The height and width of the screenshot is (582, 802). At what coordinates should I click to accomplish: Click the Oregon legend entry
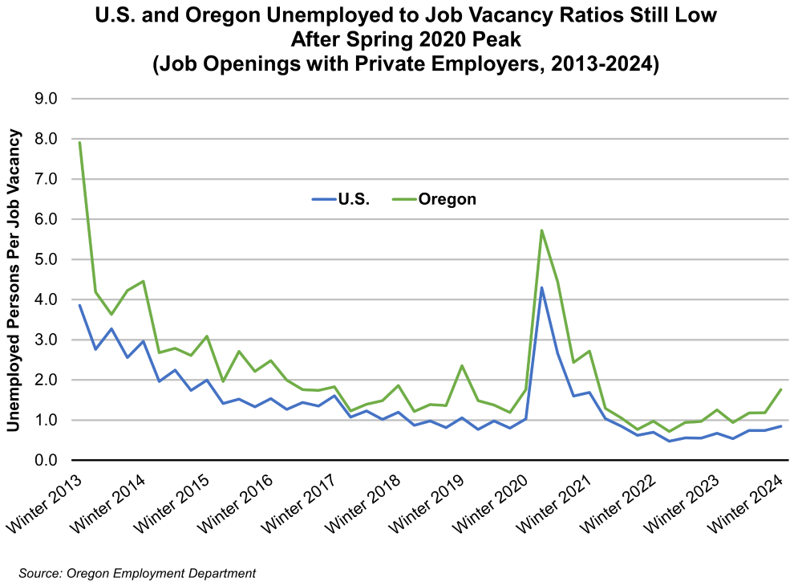(x=446, y=199)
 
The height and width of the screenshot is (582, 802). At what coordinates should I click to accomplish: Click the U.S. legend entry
(x=354, y=199)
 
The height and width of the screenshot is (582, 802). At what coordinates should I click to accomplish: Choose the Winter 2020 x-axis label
(x=490, y=502)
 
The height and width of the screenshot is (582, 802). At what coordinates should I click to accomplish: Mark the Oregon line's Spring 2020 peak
(x=542, y=230)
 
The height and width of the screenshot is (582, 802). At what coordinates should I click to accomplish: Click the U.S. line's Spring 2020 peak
(x=542, y=287)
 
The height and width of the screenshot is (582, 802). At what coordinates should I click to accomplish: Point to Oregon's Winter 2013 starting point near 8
(x=79, y=142)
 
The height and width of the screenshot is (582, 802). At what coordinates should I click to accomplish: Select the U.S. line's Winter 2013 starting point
(x=79, y=305)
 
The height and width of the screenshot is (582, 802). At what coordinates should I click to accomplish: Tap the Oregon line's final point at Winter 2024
(x=781, y=389)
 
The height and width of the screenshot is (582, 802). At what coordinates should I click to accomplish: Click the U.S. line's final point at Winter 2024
(x=781, y=426)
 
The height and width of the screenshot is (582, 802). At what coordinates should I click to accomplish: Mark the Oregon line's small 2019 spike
(x=462, y=366)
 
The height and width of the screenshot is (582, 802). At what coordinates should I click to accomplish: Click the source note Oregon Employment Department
(x=136, y=572)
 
